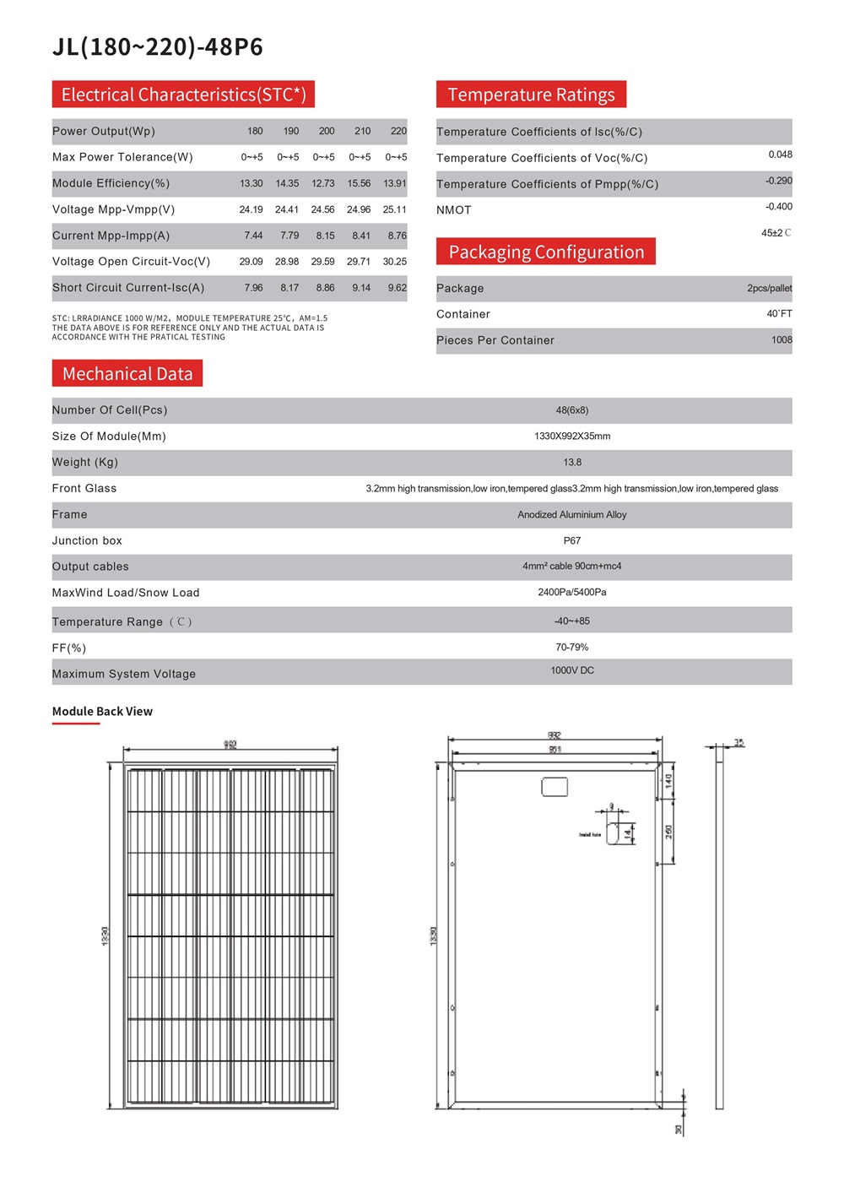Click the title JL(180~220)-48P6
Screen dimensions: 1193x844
coord(158,47)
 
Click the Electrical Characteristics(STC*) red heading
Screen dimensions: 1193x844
coord(183,95)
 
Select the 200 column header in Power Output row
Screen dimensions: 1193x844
coord(327,131)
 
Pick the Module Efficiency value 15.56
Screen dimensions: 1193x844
coord(359,183)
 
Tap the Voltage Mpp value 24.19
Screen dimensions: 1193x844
coord(251,209)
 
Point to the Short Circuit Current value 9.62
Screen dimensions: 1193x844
coord(397,288)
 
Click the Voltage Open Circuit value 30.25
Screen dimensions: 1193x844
coord(394,262)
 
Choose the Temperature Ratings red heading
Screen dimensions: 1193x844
coord(531,95)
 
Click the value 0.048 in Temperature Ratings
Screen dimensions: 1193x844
coord(780,155)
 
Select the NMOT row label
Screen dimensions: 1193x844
coord(454,210)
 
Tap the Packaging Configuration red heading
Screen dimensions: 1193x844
coord(546,252)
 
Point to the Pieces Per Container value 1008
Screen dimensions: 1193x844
coord(782,340)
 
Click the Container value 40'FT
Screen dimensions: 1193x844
coord(779,314)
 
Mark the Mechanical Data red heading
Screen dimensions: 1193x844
coord(127,374)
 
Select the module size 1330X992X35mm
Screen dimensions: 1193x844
coord(572,437)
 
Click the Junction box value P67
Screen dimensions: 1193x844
coord(572,541)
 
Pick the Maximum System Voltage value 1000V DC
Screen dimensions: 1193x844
coord(572,670)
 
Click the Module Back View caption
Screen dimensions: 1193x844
coord(102,712)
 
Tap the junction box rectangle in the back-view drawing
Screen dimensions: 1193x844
coord(555,787)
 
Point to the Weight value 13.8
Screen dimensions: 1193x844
coord(572,463)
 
